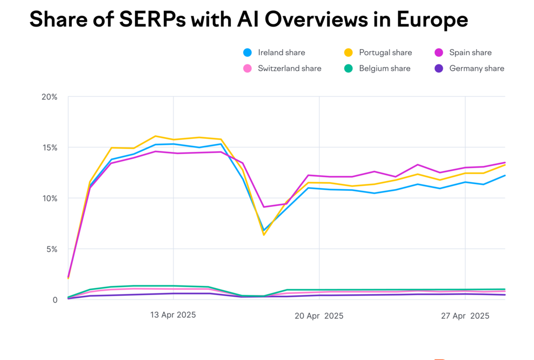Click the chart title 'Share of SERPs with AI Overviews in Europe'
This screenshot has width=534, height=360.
(248, 20)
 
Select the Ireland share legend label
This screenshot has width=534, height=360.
(281, 52)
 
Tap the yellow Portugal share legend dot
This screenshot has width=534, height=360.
(349, 52)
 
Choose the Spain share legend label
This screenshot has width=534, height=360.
(470, 52)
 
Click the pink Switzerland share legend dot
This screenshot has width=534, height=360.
(248, 69)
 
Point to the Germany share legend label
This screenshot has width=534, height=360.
(476, 69)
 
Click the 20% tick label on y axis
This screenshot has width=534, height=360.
(49, 97)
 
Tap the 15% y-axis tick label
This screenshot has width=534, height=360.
(50, 148)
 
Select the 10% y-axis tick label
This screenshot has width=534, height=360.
(50, 198)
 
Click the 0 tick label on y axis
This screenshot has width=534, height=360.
(55, 300)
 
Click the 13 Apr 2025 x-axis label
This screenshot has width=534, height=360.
(173, 315)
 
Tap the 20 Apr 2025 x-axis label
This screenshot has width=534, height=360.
(319, 316)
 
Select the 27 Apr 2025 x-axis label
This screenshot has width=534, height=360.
(465, 316)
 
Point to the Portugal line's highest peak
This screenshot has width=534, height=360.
(155, 136)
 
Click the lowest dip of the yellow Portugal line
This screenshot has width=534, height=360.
(264, 235)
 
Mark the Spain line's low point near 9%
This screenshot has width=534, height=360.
(263, 207)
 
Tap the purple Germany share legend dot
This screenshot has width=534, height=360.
(439, 69)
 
